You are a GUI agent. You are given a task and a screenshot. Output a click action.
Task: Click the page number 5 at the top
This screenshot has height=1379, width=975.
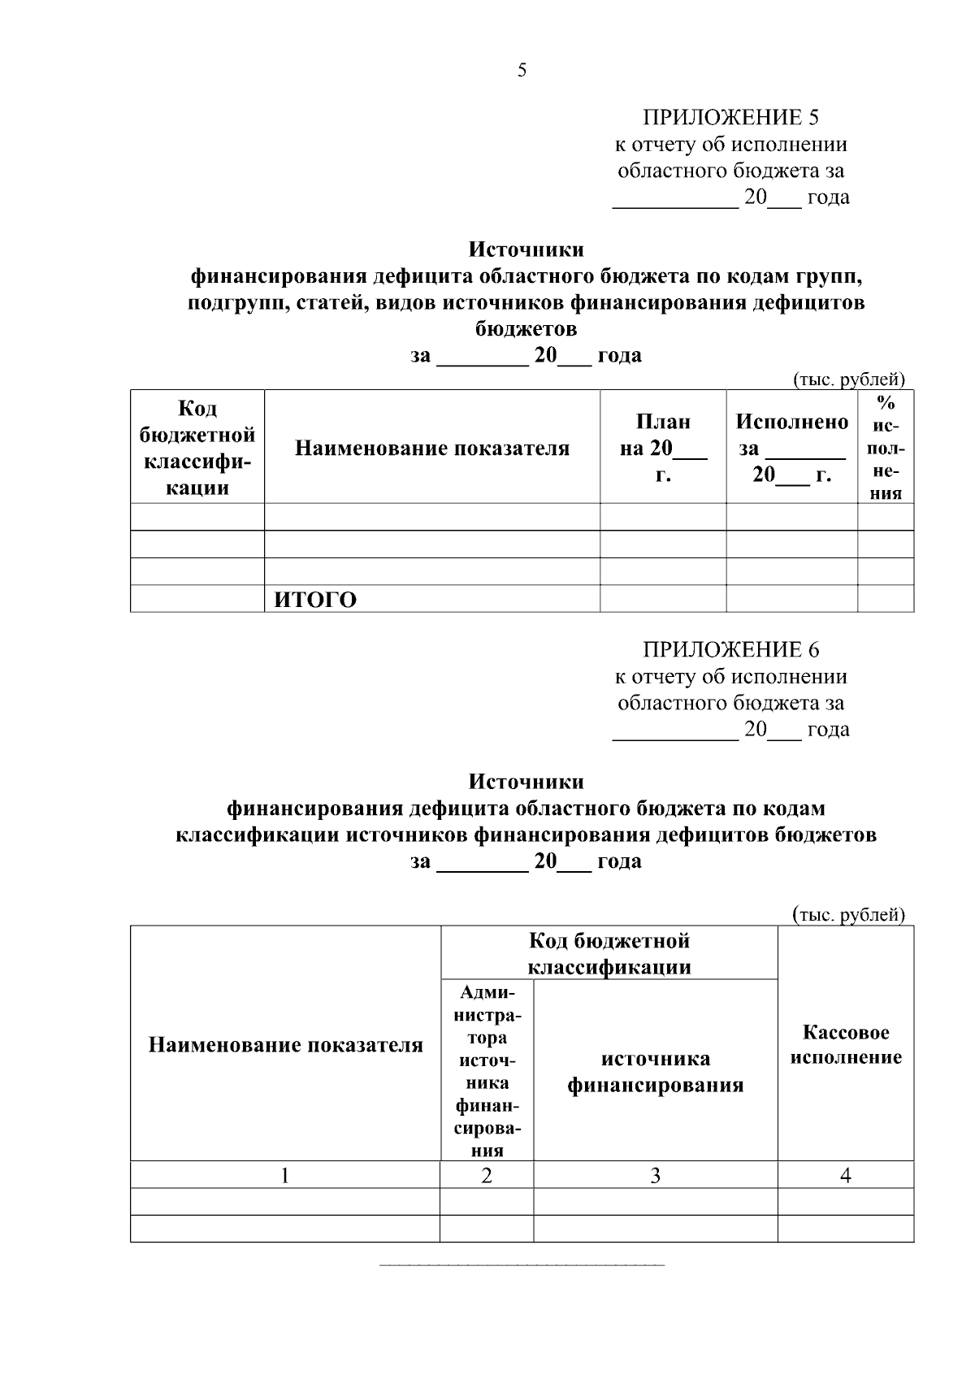[x=522, y=71]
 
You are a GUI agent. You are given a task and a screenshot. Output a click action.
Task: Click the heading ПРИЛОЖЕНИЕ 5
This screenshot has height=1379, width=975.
[x=730, y=118]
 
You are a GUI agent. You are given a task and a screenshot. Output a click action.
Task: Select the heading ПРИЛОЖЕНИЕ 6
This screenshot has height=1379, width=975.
[x=730, y=650]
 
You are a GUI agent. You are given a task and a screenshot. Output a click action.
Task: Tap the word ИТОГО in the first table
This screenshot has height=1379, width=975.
[x=315, y=600]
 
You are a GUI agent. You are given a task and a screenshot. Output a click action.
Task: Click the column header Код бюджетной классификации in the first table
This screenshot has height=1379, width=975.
[x=197, y=448]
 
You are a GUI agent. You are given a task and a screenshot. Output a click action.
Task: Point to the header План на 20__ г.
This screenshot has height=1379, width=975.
[x=662, y=448]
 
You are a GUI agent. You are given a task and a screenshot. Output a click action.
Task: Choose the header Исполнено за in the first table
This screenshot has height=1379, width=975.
[x=791, y=448]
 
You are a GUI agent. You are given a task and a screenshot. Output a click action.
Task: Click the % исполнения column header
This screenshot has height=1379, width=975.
[x=886, y=448]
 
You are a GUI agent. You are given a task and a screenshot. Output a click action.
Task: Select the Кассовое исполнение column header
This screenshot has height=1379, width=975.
[x=845, y=1044]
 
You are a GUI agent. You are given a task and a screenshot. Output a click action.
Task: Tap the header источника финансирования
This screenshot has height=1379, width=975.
[x=655, y=1072]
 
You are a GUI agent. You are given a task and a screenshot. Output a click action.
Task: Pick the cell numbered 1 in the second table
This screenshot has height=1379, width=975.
[x=285, y=1175]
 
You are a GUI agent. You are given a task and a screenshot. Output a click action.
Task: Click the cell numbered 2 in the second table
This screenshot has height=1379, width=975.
[x=487, y=1175]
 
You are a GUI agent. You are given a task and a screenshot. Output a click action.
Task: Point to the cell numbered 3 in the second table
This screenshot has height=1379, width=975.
[x=655, y=1175]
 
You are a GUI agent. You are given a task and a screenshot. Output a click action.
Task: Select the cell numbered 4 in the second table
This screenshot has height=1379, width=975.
[x=845, y=1175]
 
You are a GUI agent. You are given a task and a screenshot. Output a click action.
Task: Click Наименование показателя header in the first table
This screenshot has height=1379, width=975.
[x=431, y=448]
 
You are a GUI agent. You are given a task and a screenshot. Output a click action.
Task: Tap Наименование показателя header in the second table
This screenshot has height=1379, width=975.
[x=285, y=1045]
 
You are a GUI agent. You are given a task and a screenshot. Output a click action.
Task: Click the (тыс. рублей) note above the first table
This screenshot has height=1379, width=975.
[x=848, y=379]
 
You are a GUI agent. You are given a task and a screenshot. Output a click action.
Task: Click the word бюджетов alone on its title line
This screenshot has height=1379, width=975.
[x=526, y=329]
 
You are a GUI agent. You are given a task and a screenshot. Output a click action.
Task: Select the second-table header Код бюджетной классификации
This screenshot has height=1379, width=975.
[x=609, y=954]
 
